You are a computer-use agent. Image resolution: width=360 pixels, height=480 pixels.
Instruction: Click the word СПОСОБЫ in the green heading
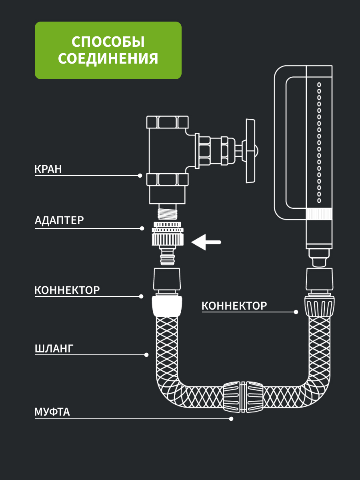pos(108,42)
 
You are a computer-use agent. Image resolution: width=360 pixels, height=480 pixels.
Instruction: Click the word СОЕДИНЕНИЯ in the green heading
pos(108,59)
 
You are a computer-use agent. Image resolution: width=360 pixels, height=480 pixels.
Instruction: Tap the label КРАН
pos(48,169)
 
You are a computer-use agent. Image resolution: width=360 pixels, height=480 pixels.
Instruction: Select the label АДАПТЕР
pos(59,220)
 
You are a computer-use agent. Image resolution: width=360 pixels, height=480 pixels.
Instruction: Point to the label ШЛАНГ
pos(54,348)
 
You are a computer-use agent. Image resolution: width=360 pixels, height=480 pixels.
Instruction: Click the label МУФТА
pos(52,412)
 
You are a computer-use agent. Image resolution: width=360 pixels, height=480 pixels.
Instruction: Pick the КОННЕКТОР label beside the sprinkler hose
pos(234,306)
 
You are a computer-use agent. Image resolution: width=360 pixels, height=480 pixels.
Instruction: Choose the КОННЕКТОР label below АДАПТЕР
pos(67,290)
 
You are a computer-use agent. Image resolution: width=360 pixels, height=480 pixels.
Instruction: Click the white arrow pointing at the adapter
pos(206,242)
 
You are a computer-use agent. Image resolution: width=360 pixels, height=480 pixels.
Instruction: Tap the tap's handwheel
pos(250,151)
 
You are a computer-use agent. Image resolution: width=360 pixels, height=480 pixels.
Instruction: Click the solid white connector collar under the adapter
pos(167,306)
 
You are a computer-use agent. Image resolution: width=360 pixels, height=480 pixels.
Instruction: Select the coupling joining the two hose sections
pos(243,397)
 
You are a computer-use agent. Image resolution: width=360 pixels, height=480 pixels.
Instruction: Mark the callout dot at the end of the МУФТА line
pos(231,419)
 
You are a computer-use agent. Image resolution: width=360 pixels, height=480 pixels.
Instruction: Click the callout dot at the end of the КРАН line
pos(140,176)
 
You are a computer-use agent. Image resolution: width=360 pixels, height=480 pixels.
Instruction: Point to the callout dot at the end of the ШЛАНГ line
pos(146,355)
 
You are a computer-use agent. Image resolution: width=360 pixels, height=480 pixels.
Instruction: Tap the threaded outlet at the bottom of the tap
pos(168,212)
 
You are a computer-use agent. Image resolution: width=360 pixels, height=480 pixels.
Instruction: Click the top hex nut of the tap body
pos(168,122)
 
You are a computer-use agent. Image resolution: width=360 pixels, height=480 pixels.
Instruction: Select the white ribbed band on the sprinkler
pos(319,214)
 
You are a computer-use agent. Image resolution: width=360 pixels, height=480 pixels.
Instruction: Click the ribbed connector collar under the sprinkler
pos(319,306)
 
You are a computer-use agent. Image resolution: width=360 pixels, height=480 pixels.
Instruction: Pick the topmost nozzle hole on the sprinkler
pos(319,85)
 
